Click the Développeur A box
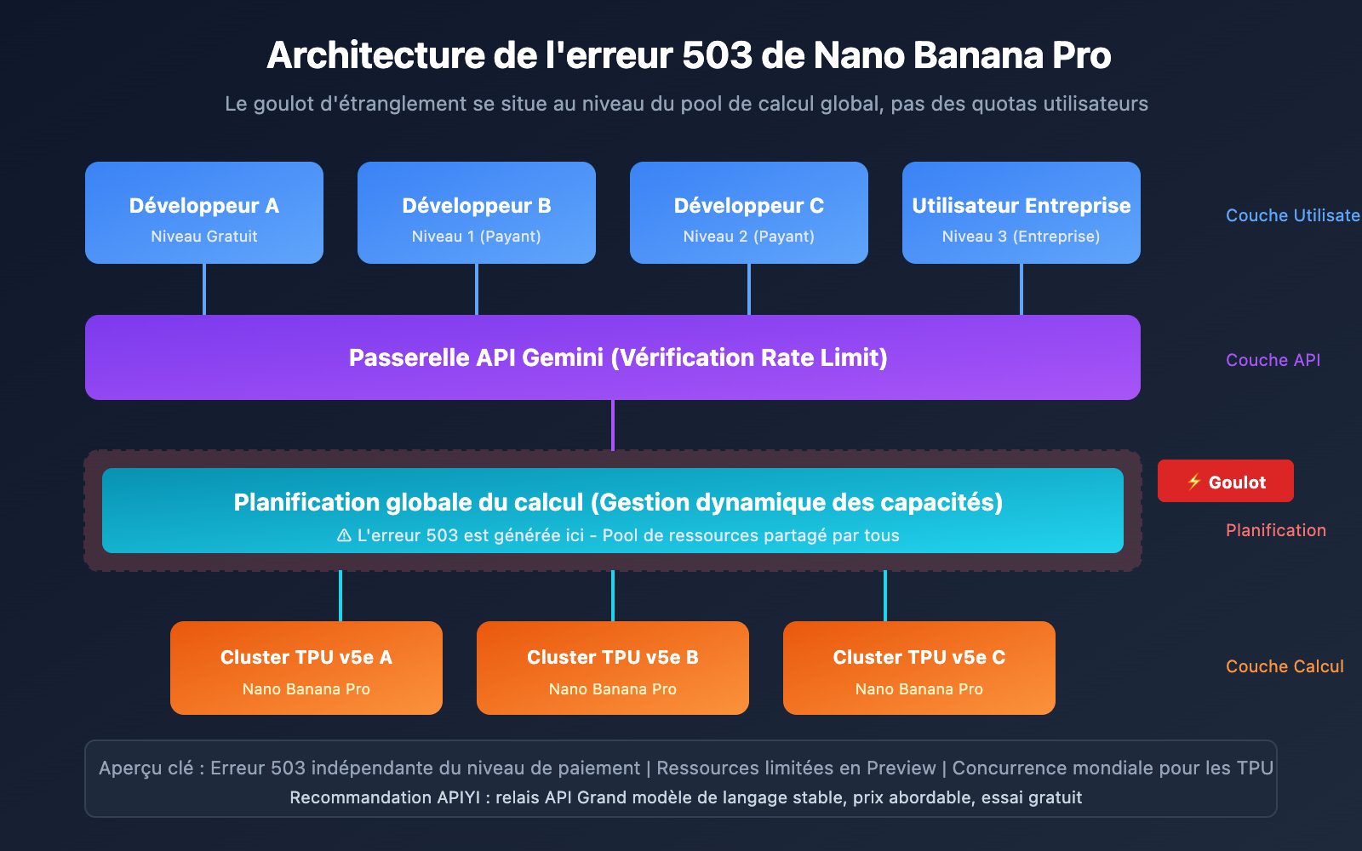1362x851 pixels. tap(204, 213)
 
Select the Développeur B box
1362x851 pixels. tap(477, 213)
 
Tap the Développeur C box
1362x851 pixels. tap(749, 213)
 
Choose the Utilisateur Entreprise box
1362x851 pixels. tap(1021, 213)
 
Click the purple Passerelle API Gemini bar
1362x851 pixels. tap(613, 357)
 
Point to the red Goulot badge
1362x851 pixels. tap(1226, 482)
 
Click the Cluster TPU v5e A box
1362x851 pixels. tap(306, 668)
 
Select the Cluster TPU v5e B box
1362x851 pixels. tap(613, 668)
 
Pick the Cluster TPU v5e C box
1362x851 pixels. tap(919, 668)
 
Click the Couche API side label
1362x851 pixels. tap(1273, 360)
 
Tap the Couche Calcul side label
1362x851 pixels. tap(1285, 666)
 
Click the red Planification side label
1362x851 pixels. tap(1275, 530)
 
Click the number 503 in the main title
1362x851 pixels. tap(717, 56)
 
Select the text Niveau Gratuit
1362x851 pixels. tap(204, 237)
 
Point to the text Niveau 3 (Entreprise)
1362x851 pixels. tap(1021, 237)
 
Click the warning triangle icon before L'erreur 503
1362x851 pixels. tap(344, 535)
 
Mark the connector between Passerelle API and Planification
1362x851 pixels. tap(613, 425)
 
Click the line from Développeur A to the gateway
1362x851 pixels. tap(204, 289)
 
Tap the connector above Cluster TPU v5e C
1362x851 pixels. tap(885, 596)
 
